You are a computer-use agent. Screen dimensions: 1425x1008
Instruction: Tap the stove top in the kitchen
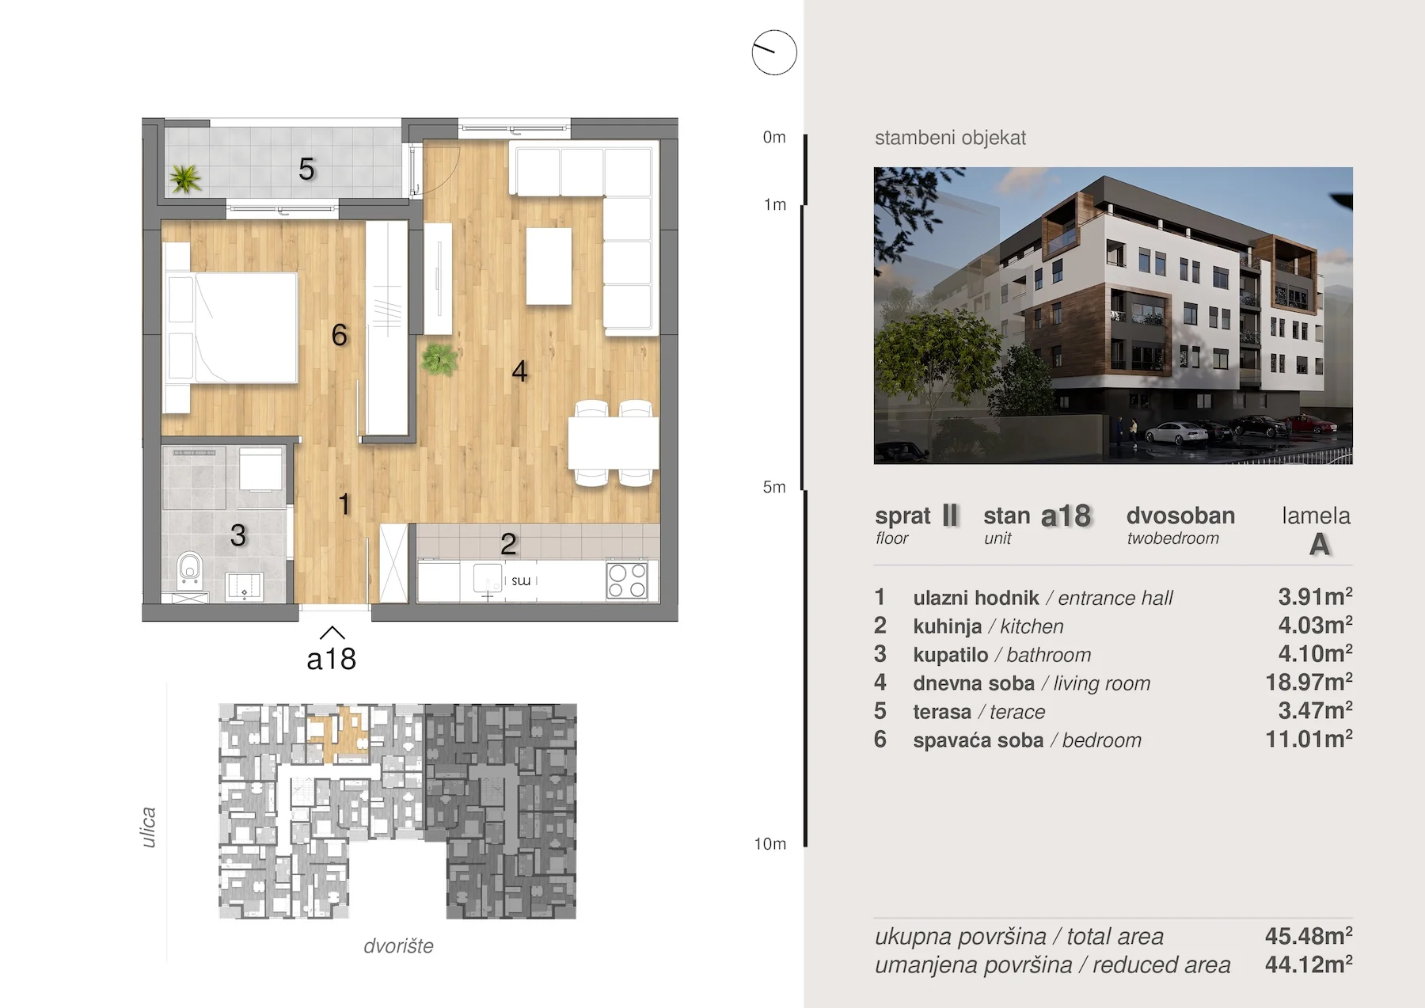click(627, 580)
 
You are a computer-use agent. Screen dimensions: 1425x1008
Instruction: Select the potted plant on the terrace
click(185, 178)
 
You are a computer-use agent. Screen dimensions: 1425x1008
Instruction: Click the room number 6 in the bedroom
click(340, 335)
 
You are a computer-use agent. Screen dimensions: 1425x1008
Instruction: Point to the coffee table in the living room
click(549, 266)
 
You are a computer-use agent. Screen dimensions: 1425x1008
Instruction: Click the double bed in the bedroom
click(230, 328)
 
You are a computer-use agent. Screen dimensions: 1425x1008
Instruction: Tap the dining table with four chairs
click(614, 443)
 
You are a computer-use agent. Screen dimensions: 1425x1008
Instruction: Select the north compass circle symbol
click(774, 53)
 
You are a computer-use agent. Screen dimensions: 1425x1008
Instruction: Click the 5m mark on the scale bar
click(774, 487)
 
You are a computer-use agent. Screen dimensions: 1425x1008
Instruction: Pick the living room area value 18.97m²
click(1309, 682)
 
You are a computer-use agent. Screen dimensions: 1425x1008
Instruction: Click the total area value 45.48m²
click(1309, 936)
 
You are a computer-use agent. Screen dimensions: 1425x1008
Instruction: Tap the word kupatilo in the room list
click(950, 656)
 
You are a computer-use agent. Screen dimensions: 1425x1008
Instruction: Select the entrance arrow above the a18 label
click(332, 633)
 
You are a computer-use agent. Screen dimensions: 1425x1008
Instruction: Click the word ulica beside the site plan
click(148, 827)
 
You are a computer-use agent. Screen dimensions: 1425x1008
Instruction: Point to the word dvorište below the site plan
click(398, 946)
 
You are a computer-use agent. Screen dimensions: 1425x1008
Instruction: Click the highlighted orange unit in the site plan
click(339, 735)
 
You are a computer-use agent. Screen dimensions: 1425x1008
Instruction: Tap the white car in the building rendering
click(1178, 433)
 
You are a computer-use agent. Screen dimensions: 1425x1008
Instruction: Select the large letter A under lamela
click(1319, 545)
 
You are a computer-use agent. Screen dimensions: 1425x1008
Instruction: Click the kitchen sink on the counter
click(487, 579)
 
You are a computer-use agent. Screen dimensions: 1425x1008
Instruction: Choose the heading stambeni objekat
click(950, 139)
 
